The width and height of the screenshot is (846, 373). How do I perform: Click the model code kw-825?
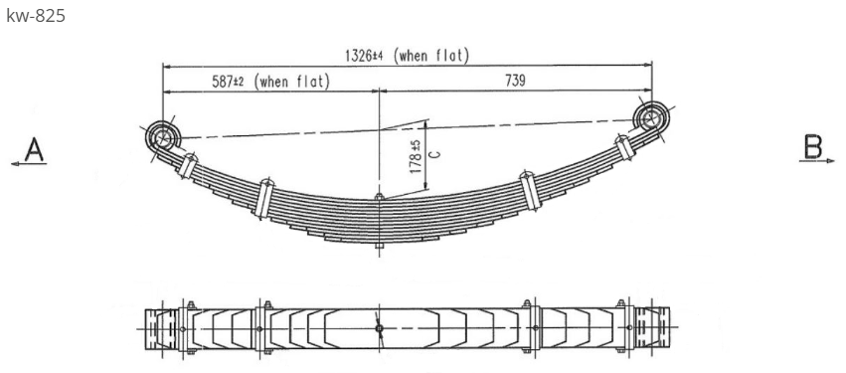point(36,16)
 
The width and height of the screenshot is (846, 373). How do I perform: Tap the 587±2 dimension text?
point(234,82)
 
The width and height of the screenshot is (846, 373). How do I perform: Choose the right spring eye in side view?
point(651,119)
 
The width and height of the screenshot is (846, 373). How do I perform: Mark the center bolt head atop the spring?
point(378,198)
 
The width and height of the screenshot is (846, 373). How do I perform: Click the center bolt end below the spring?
point(378,244)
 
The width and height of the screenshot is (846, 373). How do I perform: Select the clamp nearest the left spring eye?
point(186,163)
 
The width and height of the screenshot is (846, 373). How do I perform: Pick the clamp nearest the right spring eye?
point(624,149)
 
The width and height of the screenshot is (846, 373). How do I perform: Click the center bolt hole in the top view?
point(379,325)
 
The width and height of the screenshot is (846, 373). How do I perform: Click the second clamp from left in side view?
point(264,196)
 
